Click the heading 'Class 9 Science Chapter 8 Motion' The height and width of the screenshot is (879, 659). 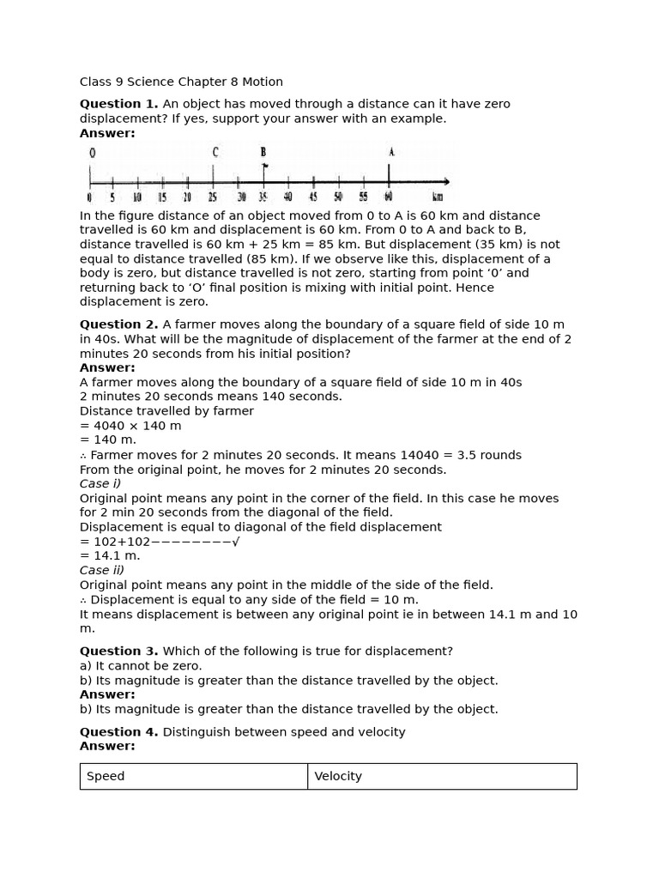click(181, 82)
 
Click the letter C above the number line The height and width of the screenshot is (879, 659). click(215, 153)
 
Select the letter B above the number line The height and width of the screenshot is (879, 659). click(263, 153)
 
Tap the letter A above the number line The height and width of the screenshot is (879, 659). click(390, 153)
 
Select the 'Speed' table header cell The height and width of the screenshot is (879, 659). click(193, 776)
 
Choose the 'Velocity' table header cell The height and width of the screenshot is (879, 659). click(441, 776)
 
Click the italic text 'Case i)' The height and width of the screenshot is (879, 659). click(100, 484)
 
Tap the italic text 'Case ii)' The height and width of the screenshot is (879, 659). click(102, 570)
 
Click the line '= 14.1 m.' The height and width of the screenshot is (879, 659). click(110, 556)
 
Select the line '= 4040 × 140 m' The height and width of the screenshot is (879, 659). click(130, 426)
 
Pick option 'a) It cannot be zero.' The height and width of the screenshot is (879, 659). click(141, 666)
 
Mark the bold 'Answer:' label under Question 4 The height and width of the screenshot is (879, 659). click(107, 746)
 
